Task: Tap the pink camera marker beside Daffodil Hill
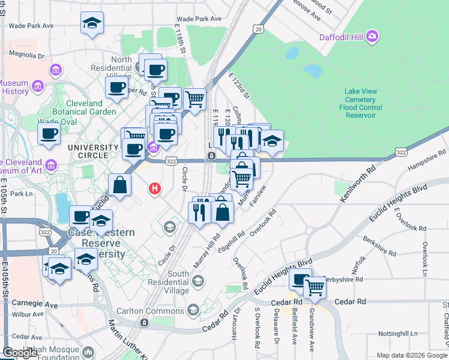tap(372, 38)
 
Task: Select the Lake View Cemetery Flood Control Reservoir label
tap(360, 103)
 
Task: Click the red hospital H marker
tap(155, 189)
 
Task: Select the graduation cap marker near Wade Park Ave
tap(91, 24)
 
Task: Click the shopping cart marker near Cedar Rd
tap(315, 287)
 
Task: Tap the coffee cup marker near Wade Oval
tap(49, 134)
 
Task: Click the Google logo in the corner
tap(20, 352)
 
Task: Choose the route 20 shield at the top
tap(258, 29)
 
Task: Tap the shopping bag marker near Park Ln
tap(119, 185)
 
